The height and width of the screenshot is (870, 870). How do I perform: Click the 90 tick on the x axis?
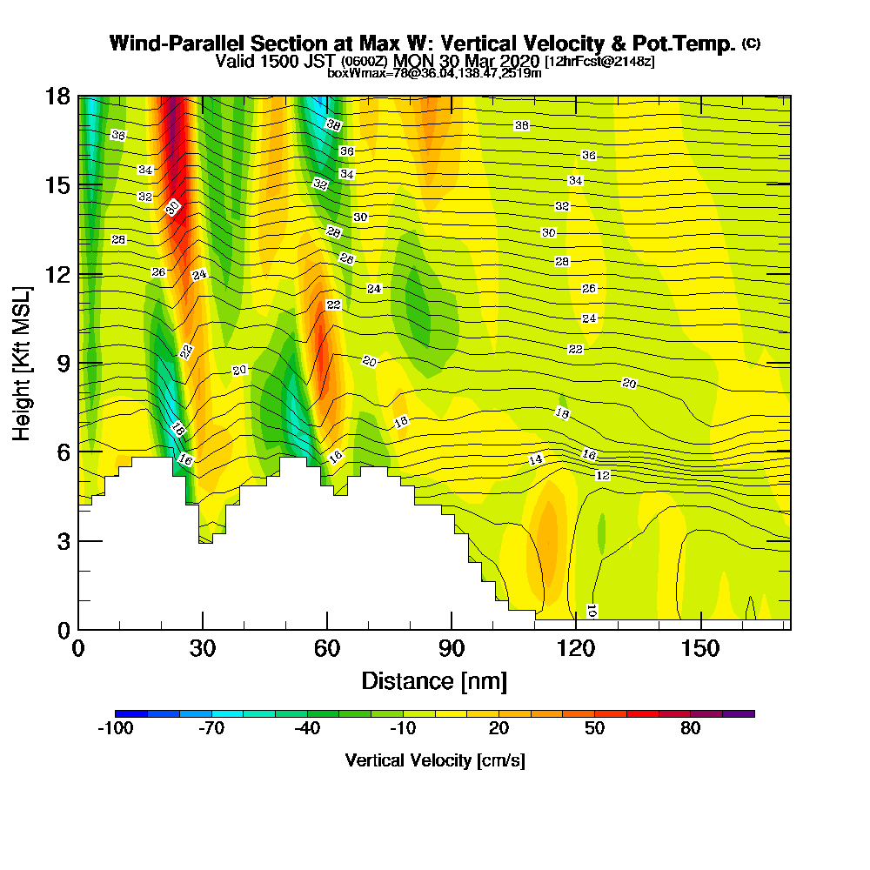tap(451, 649)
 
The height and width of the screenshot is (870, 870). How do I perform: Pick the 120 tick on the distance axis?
tap(575, 649)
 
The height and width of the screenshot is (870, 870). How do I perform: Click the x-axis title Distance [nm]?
tap(434, 679)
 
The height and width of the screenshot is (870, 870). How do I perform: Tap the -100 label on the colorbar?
tap(115, 729)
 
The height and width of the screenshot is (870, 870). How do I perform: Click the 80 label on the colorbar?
tap(690, 729)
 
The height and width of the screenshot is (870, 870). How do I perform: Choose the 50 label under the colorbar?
tap(594, 729)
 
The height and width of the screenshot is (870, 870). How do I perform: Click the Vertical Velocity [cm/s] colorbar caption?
tap(434, 760)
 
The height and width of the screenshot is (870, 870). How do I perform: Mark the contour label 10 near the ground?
tap(592, 610)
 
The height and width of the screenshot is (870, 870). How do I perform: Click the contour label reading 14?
tap(536, 459)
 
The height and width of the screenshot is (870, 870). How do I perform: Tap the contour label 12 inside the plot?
tap(602, 475)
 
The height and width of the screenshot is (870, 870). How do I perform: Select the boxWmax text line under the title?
tap(434, 73)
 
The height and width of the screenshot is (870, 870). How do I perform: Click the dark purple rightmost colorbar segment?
tap(739, 713)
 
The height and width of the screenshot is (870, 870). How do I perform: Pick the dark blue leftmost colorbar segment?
tap(130, 713)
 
